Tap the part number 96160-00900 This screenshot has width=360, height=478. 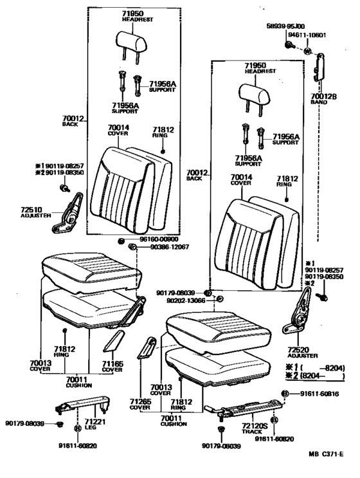point(154,239)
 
